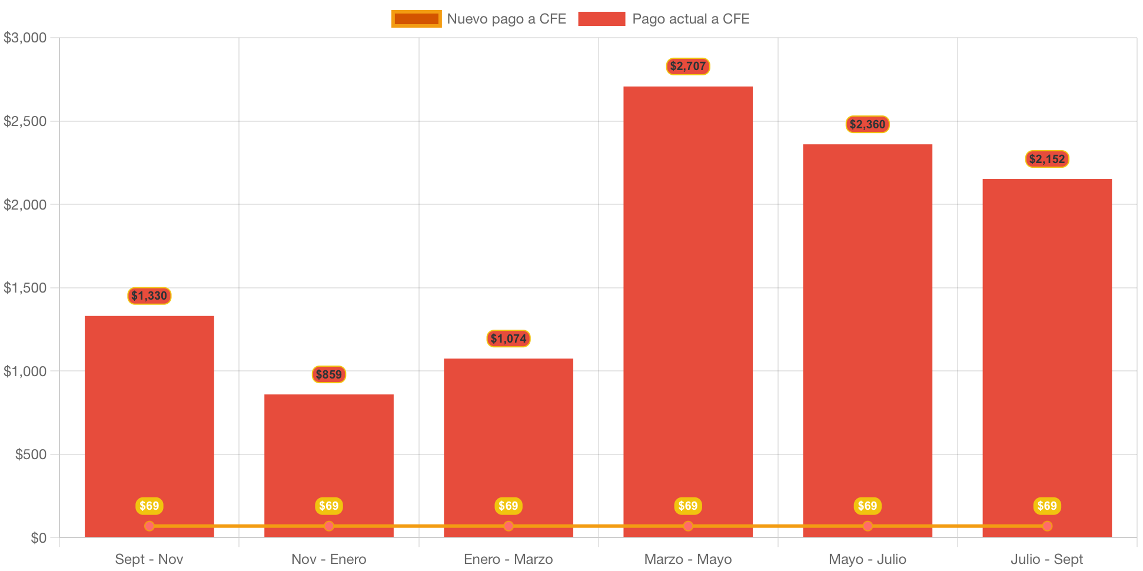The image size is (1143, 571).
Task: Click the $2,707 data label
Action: point(687,66)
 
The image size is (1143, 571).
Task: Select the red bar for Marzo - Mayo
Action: point(687,306)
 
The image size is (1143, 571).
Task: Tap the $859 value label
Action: point(328,374)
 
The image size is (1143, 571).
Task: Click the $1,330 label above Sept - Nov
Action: point(149,296)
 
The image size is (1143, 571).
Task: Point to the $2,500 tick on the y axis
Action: point(25,121)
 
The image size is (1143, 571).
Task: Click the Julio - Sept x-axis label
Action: point(1046,559)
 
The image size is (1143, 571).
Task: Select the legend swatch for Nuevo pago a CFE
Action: point(416,19)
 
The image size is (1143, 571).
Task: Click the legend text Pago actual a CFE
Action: point(690,19)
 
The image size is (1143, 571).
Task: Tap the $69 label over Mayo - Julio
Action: point(867,506)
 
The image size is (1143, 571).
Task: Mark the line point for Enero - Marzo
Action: point(508,526)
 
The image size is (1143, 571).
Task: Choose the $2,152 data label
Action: point(1046,159)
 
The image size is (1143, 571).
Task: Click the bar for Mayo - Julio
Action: point(867,330)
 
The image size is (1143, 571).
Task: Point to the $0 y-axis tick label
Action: point(38,538)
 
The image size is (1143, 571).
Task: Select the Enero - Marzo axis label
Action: point(508,559)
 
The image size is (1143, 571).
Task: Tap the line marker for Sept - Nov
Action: point(149,526)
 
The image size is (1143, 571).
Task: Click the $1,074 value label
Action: point(508,338)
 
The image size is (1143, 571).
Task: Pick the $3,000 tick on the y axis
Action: point(25,38)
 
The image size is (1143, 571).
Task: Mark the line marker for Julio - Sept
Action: point(1046,526)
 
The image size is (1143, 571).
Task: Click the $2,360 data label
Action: point(867,124)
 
